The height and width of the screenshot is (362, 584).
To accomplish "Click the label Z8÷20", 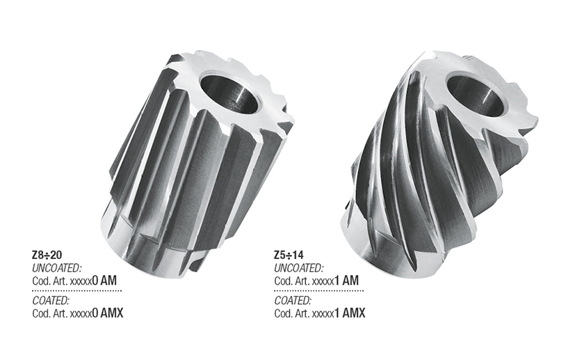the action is pos(47,255).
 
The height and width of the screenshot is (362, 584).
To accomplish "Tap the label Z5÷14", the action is pos(289,255).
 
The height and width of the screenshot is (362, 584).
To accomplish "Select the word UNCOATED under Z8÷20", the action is pos(56,268).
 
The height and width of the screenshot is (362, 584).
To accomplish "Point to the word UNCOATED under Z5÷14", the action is pos(299,268).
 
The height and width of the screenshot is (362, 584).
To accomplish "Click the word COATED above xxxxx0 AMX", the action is pos(51,301).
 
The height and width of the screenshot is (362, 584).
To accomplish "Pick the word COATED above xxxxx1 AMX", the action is pos(293,301).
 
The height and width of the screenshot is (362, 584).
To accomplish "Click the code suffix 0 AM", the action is pos(104,281).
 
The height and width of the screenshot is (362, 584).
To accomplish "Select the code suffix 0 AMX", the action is pos(107,313).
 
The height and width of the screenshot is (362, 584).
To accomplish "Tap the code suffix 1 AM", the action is pos(346,281).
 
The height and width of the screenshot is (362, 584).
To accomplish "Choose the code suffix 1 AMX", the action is pos(349,313).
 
